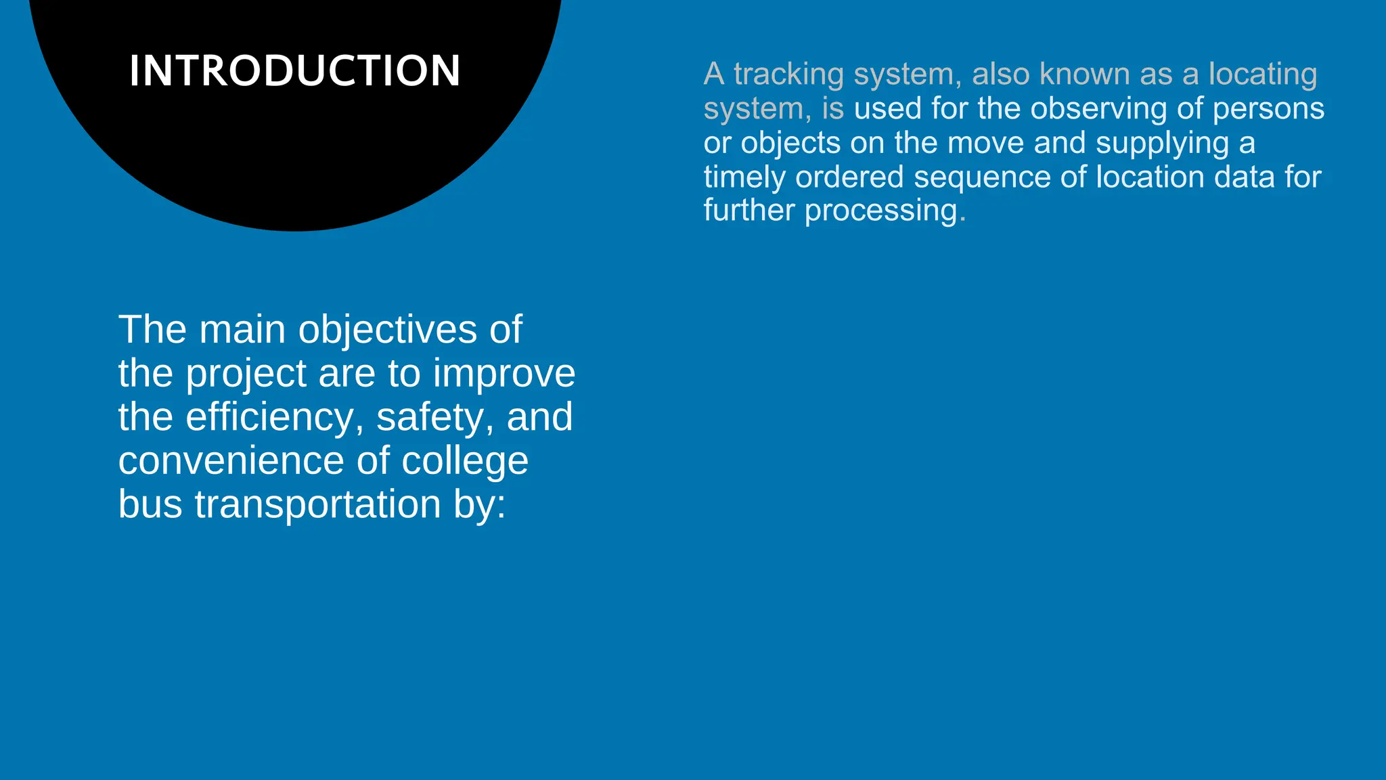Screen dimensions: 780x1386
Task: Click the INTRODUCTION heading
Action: (x=294, y=70)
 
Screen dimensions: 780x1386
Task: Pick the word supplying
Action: (x=1162, y=144)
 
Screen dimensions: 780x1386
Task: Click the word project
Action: (x=246, y=374)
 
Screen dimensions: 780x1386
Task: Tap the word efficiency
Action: (x=269, y=417)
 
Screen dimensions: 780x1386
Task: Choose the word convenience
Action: (x=231, y=460)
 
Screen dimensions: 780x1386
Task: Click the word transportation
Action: (x=317, y=504)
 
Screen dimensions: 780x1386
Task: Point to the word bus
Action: (x=150, y=504)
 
